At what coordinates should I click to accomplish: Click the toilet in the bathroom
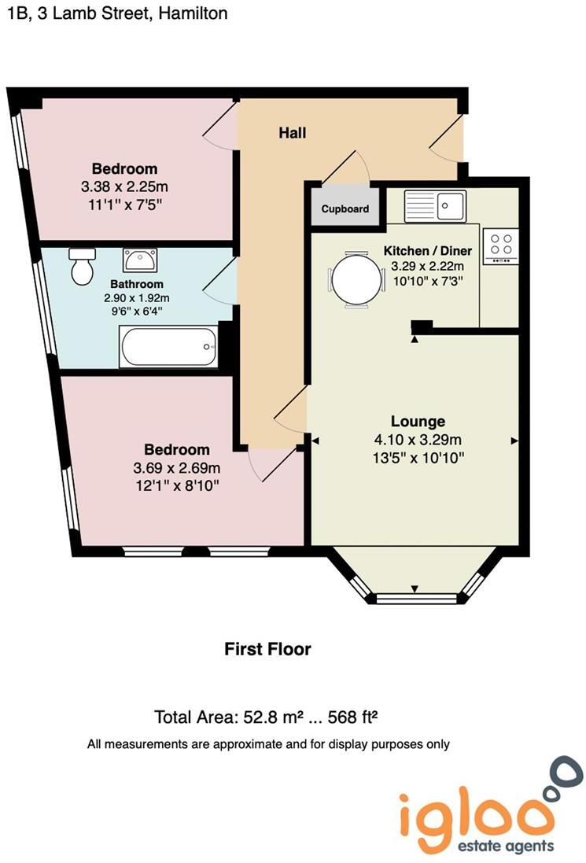pos(82,267)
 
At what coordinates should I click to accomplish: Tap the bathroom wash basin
pos(139,258)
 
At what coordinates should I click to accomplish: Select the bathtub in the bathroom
pos(168,346)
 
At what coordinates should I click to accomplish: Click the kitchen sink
pos(436,207)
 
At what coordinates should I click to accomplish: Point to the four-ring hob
pos(500,245)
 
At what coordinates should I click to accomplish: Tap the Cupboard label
pos(345,209)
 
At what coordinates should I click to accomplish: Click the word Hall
pos(292,133)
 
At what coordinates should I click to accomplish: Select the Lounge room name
pos(418,421)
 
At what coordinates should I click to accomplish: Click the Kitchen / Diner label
pos(427,251)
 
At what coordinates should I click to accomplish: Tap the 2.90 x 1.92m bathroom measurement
pos(137,298)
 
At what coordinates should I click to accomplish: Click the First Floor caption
pos(267,649)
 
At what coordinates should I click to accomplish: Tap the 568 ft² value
pos(353,717)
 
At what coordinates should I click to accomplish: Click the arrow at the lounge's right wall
pos(514,441)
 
